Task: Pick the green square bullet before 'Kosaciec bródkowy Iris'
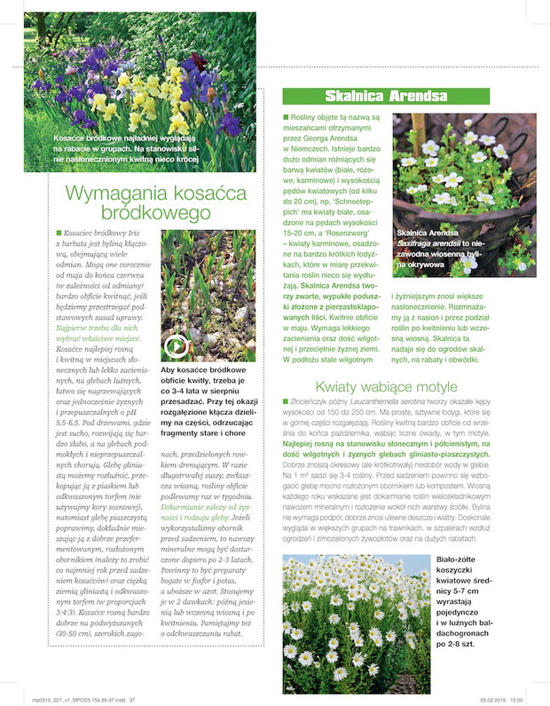pyautogui.click(x=58, y=233)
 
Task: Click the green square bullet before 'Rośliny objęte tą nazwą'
pyautogui.click(x=286, y=117)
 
